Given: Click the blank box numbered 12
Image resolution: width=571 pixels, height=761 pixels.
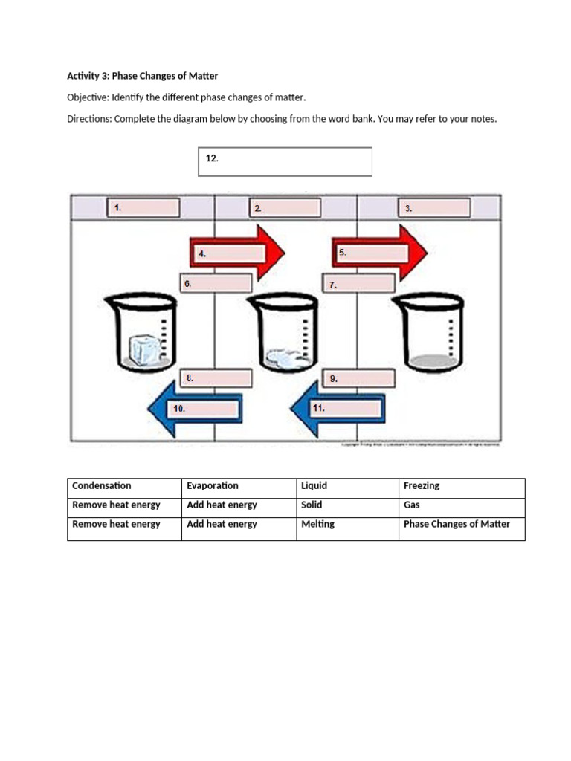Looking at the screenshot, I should tap(285, 161).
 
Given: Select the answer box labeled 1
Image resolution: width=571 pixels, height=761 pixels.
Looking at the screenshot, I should tap(143, 208).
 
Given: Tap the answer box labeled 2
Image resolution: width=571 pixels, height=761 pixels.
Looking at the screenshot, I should tap(286, 208).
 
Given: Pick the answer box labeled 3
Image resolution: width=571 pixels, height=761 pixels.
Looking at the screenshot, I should tap(436, 208).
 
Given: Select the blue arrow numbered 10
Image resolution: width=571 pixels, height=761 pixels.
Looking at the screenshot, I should tap(195, 408).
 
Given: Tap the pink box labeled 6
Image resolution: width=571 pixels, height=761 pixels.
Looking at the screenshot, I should tap(216, 283).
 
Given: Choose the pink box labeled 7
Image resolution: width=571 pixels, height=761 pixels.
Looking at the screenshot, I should tap(358, 284).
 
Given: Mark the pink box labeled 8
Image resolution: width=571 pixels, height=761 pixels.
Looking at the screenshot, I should tap(216, 378).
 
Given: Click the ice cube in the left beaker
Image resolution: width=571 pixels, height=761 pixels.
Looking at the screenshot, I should tap(143, 350).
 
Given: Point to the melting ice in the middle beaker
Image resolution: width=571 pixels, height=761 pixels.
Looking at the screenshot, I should tap(288, 357).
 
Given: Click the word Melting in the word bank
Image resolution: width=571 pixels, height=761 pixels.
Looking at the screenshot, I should tap(318, 524).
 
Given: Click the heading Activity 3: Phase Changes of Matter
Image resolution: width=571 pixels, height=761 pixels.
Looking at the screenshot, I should tap(143, 76).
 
